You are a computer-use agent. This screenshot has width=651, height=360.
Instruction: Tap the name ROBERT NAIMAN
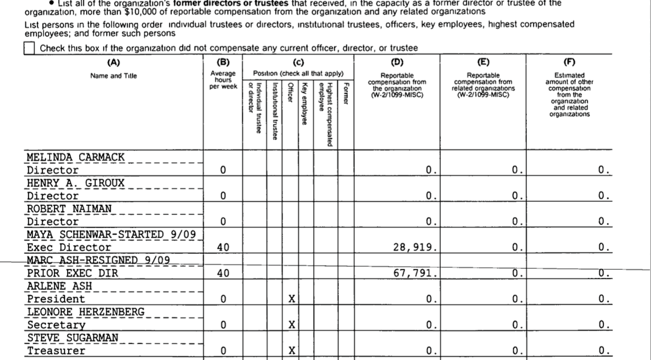tap(70, 209)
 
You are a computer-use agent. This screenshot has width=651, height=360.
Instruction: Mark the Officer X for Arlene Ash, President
tap(291, 299)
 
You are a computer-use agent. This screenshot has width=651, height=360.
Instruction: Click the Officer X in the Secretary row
tap(291, 325)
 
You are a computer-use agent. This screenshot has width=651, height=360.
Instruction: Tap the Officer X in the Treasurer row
tap(291, 350)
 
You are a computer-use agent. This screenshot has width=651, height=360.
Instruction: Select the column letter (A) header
tap(113, 62)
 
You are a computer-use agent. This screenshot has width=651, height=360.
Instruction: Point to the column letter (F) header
tap(569, 62)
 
